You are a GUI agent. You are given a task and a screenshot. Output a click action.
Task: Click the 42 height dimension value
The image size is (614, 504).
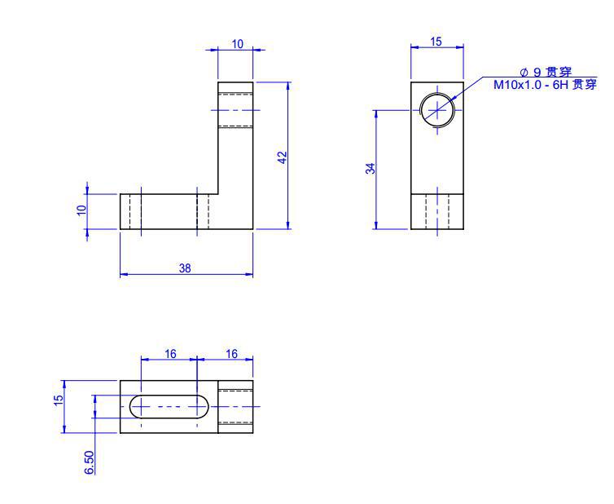click(283, 157)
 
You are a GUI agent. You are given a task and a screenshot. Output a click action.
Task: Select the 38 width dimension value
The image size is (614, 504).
click(185, 268)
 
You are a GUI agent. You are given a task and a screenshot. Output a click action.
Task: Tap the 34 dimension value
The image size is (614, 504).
click(371, 168)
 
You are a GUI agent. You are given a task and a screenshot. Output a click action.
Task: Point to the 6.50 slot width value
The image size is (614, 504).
click(90, 462)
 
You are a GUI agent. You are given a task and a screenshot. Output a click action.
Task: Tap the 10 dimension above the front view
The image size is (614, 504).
click(238, 44)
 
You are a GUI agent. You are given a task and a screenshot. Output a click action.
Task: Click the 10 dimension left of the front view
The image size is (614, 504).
click(81, 210)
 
